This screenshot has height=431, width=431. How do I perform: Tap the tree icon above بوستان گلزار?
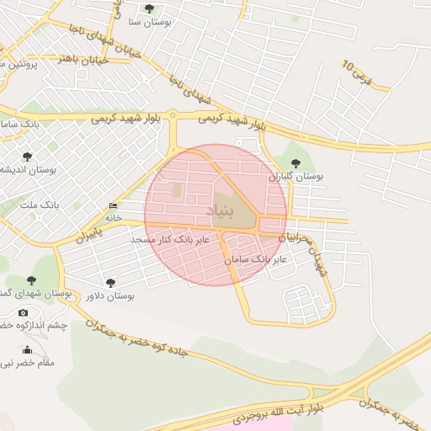point(295,162)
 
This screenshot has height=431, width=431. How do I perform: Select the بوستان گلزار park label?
point(295,178)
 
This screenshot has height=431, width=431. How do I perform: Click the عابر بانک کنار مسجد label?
point(162,240)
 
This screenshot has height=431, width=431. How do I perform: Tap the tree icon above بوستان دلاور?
point(110,282)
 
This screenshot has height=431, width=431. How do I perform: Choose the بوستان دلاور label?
point(110,296)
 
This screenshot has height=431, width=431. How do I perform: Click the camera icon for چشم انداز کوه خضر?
point(23,312)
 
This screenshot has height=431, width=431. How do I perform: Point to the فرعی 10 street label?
point(368,75)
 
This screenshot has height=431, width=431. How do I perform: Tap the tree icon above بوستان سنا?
point(149,8)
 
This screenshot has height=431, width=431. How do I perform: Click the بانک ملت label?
point(40,205)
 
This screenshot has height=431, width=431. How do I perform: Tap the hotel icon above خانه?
point(113,206)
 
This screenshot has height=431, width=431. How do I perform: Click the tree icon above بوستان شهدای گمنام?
point(32,280)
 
